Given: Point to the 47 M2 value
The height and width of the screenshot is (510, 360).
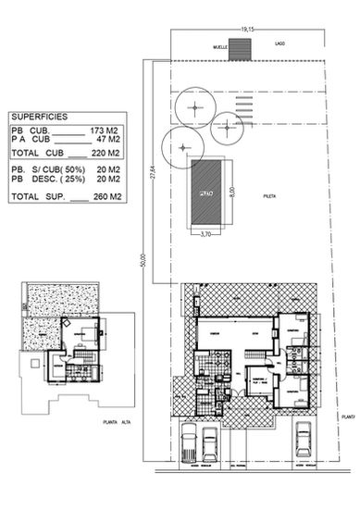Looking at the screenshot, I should click(111, 140).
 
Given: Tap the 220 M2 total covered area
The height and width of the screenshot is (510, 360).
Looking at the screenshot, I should click(107, 154).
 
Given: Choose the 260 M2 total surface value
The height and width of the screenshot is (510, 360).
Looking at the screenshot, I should click(107, 197).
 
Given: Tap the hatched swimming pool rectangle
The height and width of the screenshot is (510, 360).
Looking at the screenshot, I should click(205, 193).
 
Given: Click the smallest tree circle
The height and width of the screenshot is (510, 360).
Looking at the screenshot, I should click(226, 130).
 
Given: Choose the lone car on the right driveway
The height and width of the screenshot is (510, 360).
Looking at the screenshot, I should click(303, 444).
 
